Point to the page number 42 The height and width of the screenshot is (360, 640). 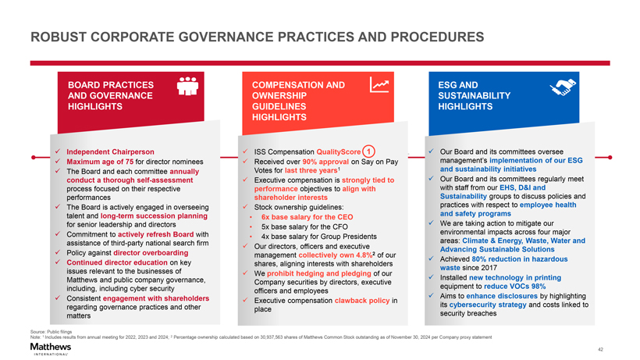click(x=621, y=349)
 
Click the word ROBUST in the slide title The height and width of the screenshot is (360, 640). click(x=59, y=37)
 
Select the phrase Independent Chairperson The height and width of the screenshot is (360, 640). click(x=110, y=151)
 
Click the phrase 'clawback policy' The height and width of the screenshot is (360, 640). click(x=360, y=301)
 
